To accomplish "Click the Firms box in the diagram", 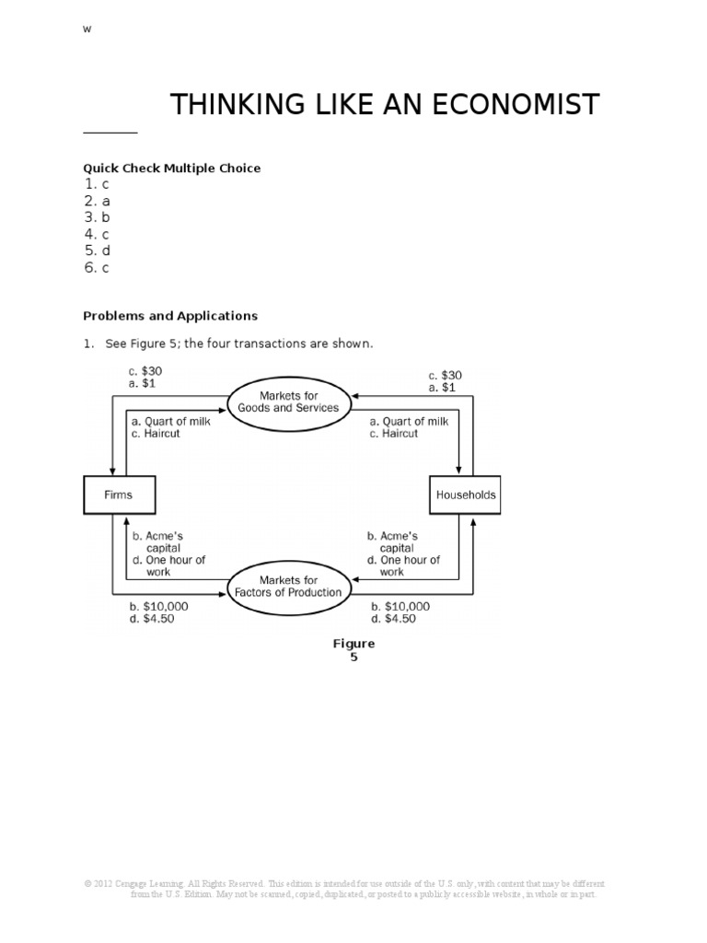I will tap(119, 495).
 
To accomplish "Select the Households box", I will tap(464, 495).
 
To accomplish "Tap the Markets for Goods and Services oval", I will tap(288, 402).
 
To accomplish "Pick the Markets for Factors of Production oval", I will tap(288, 586).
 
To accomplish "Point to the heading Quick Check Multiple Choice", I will tap(171, 168).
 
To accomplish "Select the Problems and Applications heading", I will tap(170, 316).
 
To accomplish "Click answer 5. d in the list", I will tap(97, 251).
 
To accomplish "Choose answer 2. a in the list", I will tap(97, 201).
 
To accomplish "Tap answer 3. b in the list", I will tap(97, 217).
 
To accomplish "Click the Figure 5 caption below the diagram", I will tap(353, 650).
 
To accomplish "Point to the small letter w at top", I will tap(87, 29).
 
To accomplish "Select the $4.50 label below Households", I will tap(393, 619).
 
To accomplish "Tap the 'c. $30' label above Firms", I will tap(145, 370).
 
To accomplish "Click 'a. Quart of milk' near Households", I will tap(409, 421).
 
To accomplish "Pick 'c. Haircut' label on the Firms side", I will tap(156, 434).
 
